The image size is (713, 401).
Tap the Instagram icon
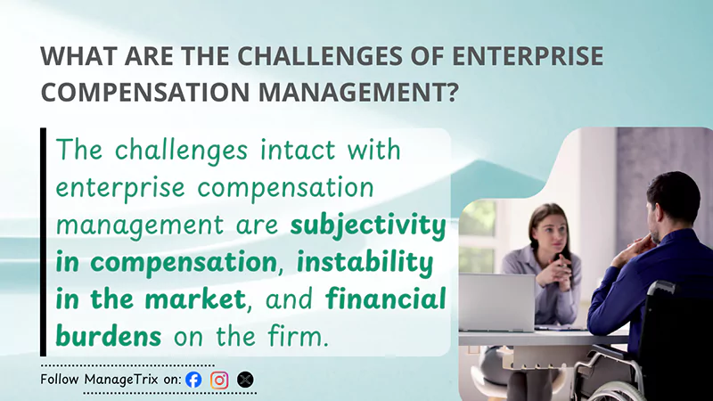pyautogui.click(x=219, y=380)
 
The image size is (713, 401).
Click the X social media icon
pyautogui.click(x=245, y=380)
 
